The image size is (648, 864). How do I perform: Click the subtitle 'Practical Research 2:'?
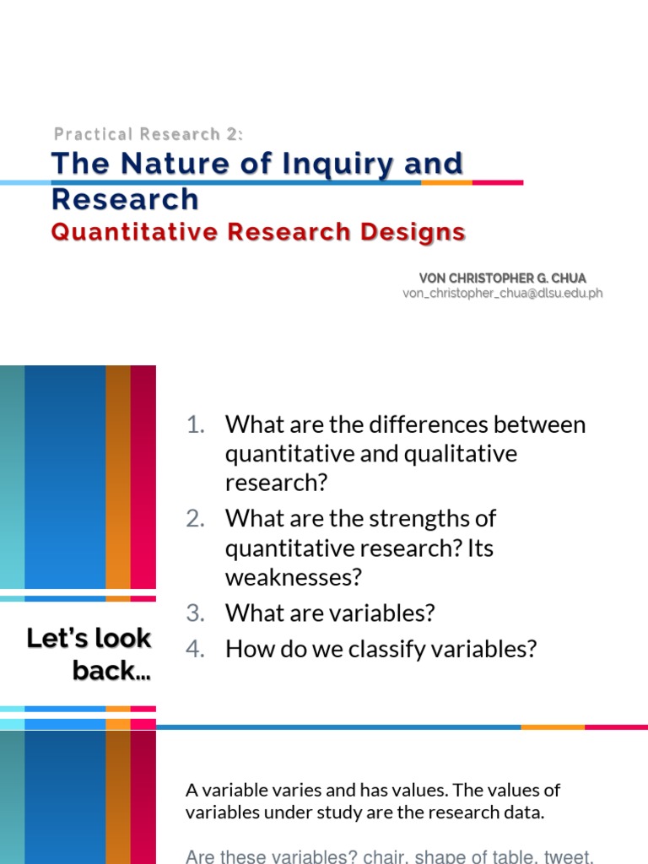click(x=148, y=134)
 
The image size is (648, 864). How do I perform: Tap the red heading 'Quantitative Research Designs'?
click(x=258, y=232)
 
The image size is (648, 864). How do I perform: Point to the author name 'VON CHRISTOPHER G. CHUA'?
click(x=503, y=278)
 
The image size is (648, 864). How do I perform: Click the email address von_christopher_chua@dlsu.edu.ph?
click(x=503, y=293)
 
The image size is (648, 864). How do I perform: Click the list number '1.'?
click(x=196, y=424)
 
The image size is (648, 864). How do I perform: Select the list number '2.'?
click(x=196, y=518)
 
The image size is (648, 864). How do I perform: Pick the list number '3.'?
click(x=196, y=613)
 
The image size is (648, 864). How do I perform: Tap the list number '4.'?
click(x=196, y=649)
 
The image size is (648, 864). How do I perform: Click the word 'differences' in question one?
click(x=426, y=424)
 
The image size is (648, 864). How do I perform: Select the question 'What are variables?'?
click(x=329, y=613)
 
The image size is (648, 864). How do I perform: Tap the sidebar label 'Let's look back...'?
click(x=89, y=654)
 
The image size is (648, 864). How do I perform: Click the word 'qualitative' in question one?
click(x=461, y=454)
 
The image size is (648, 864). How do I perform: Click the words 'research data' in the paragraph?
click(x=498, y=813)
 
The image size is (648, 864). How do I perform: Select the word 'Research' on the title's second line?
click(x=125, y=199)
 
